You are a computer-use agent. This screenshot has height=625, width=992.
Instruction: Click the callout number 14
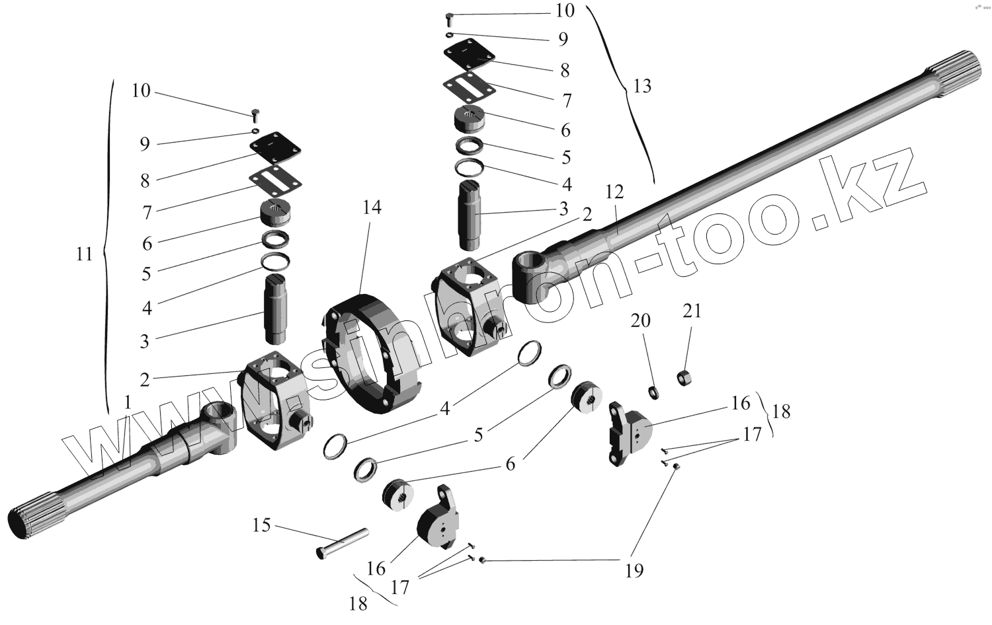tap(372, 207)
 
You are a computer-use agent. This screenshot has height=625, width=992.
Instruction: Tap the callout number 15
tap(262, 525)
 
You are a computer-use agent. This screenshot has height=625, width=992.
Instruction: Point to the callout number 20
tap(640, 321)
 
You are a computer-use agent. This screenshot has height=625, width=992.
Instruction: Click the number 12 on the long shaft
tap(614, 192)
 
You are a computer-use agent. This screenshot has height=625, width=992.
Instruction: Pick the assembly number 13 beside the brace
tap(641, 86)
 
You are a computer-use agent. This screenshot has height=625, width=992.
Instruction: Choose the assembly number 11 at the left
tap(84, 254)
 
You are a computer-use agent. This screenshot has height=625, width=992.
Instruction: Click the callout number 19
tap(634, 570)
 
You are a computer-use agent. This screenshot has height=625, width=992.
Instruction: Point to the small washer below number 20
tap(654, 392)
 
